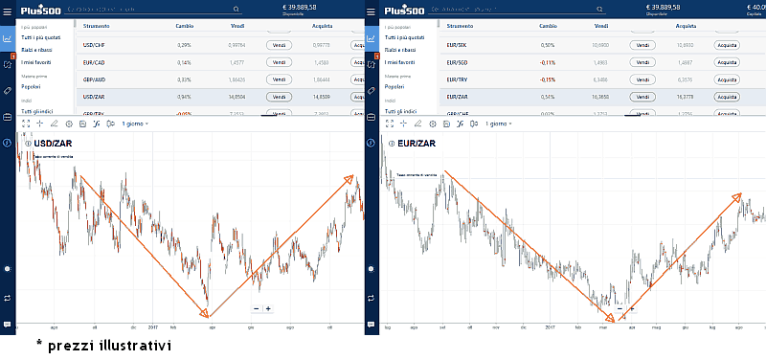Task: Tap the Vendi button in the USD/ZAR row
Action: coord(279,97)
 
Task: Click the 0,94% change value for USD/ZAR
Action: coord(184,97)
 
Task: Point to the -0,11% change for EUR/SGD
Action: coord(548,62)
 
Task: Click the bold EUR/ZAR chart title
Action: coord(417,144)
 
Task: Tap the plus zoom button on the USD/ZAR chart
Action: coord(268,308)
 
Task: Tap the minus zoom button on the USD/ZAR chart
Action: coord(256,308)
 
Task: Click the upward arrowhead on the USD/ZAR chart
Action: coord(350,178)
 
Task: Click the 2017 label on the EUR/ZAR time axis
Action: coord(551,326)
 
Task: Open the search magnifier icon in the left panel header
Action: coord(235,9)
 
